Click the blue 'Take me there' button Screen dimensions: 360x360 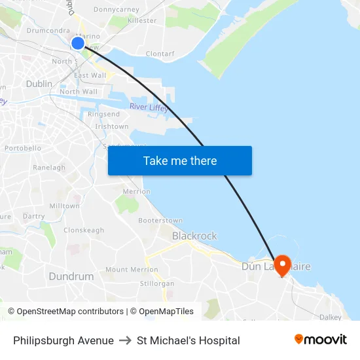(180, 160)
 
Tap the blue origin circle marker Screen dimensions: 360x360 (77, 43)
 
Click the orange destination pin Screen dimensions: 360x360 (283, 265)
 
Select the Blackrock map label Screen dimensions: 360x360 (194, 236)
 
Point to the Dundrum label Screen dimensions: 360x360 (71, 276)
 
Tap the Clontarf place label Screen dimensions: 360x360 (160, 54)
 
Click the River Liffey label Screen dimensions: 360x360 (149, 107)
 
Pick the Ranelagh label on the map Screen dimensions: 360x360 (49, 168)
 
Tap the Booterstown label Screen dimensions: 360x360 (160, 221)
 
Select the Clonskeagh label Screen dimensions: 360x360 (84, 230)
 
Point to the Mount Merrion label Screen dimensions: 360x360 (132, 270)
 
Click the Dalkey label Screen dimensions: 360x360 (331, 317)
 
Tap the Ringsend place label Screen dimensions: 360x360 (104, 115)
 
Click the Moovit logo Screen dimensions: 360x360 (321, 340)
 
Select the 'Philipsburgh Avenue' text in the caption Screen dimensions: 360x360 (63, 340)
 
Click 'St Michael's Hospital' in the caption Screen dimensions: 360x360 (189, 340)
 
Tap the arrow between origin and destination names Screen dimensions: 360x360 (125, 340)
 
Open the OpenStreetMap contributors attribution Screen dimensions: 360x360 (70, 312)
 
